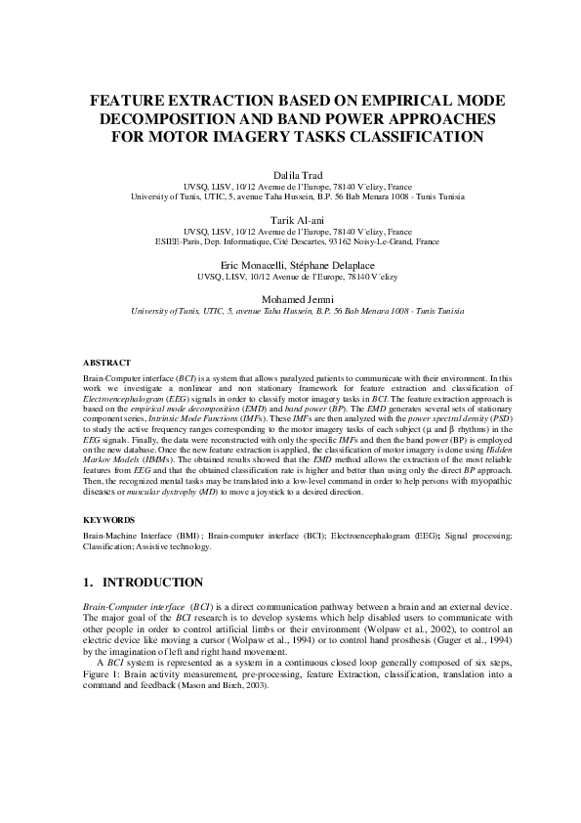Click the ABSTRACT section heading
(106, 363)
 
